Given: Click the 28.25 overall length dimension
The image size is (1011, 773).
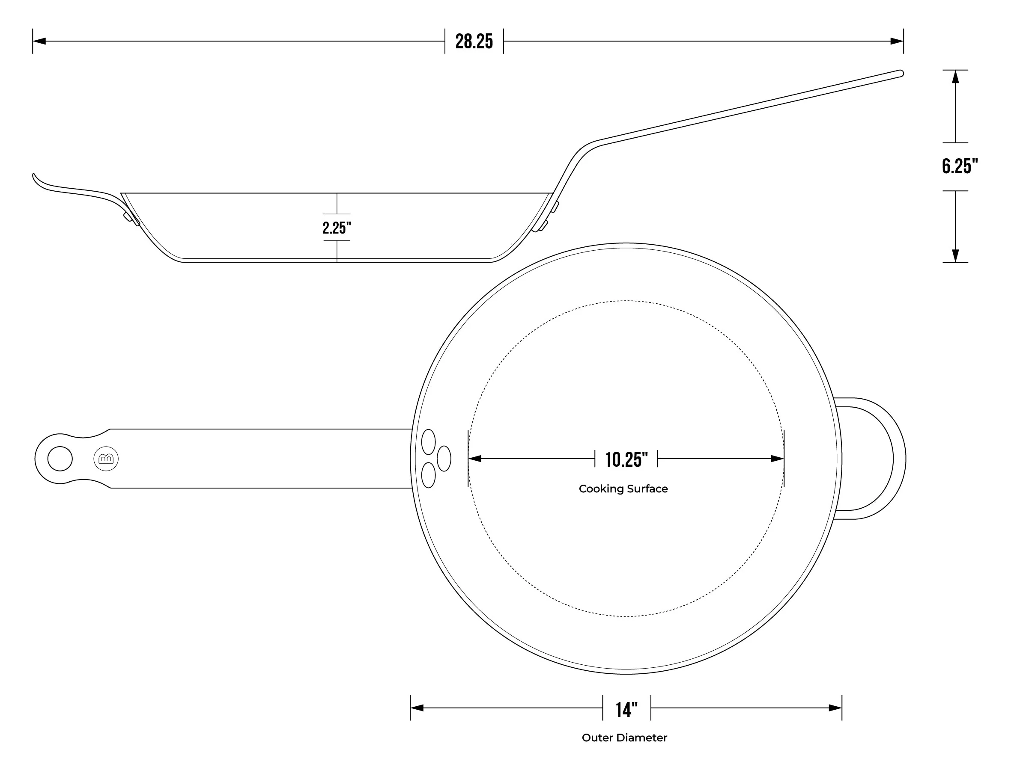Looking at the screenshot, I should tap(474, 41).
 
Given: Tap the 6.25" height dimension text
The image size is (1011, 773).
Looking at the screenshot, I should tap(960, 166).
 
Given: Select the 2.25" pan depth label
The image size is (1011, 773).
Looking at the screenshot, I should tap(337, 228).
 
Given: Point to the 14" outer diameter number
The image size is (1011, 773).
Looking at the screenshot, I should tap(626, 710).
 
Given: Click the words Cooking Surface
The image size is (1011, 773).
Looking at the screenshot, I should tap(623, 489).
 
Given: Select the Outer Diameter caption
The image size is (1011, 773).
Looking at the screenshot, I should tap(624, 737).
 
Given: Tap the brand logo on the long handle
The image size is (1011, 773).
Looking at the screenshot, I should tap(106, 459).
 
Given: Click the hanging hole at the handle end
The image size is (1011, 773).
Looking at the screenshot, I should tap(60, 459).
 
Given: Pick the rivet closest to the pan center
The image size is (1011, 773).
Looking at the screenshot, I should tap(444, 459).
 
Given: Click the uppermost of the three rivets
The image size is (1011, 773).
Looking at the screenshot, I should tap(428, 442).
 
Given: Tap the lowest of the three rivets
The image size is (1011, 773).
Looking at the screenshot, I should tap(428, 475).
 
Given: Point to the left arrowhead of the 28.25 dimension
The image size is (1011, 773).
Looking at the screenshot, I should tap(39, 41).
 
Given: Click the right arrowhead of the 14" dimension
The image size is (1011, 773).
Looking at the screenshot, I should tap(835, 708).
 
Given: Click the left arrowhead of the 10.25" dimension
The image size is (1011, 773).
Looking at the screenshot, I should tap(475, 459).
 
